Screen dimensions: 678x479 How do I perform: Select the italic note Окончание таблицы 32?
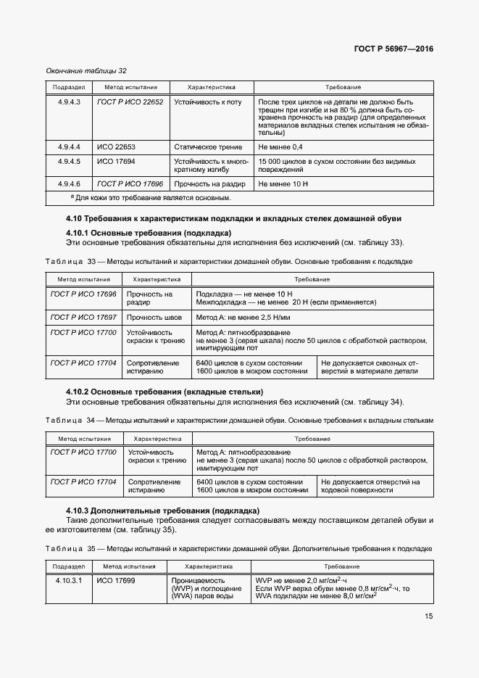[x=86, y=71]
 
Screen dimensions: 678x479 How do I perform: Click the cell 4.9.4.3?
[x=69, y=102]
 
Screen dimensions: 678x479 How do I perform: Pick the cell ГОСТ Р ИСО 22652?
[x=130, y=102]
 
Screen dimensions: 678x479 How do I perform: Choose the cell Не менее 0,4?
[x=280, y=147]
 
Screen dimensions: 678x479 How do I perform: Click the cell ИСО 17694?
[x=116, y=161]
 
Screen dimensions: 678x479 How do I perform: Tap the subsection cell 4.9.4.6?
[x=69, y=184]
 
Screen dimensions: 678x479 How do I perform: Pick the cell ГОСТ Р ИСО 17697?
[x=83, y=317]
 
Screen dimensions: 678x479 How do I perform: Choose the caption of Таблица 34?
[x=239, y=420]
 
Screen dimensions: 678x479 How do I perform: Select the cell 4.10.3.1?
[x=69, y=581]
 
